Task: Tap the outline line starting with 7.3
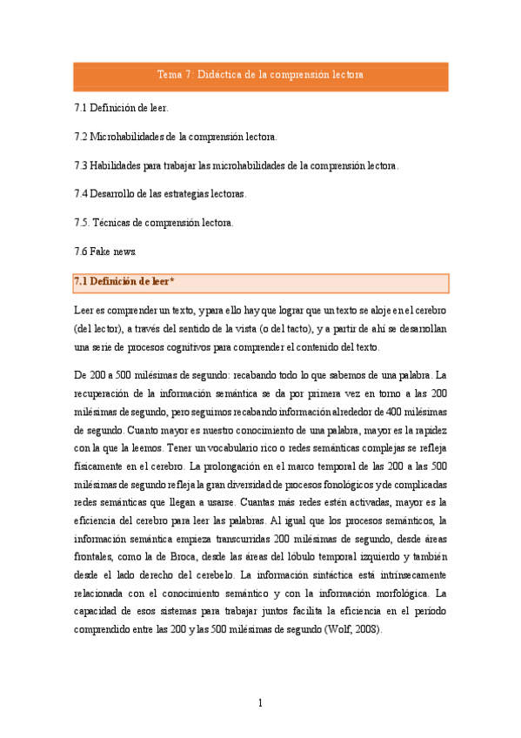(x=237, y=164)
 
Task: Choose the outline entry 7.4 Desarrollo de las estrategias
(x=161, y=193)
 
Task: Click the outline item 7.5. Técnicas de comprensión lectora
(x=155, y=222)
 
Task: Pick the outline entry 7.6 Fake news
(x=106, y=251)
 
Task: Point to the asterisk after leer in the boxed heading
(x=172, y=281)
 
